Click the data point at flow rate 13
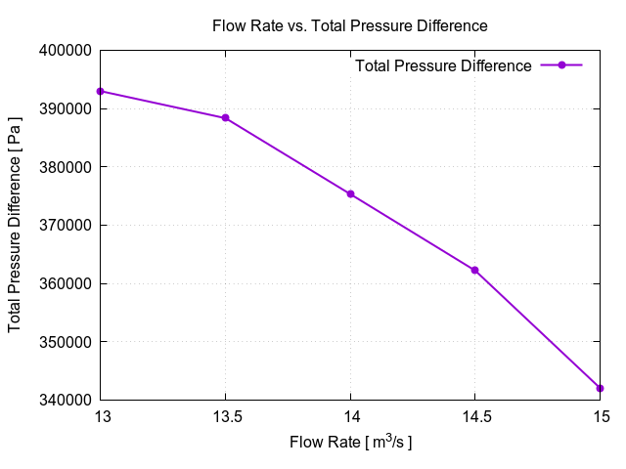101,91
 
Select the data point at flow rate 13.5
226,118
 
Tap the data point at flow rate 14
350,194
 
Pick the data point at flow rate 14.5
475,270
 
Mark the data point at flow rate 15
600,388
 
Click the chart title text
349,25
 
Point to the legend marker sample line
561,65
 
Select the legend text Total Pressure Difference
443,66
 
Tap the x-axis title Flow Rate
350,443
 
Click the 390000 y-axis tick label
65,108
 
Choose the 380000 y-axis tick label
65,167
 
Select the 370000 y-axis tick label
65,226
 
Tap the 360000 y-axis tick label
65,284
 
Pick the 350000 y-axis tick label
65,343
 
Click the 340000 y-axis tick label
65,401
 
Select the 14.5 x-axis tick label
475,416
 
